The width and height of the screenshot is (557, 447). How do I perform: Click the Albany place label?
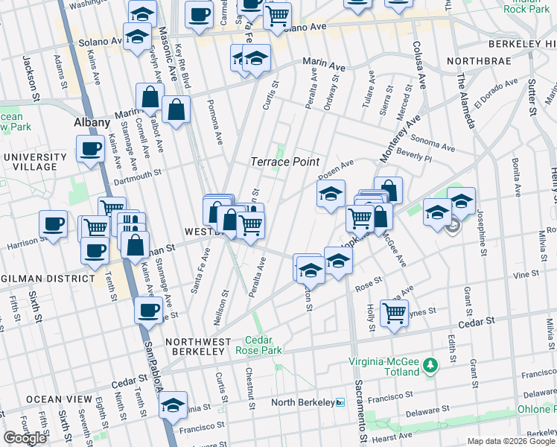[x=92, y=122]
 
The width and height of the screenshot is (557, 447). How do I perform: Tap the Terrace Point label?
[x=284, y=162]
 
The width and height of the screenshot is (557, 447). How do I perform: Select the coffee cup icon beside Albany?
[x=91, y=148]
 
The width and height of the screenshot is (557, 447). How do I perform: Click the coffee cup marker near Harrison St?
[x=54, y=223]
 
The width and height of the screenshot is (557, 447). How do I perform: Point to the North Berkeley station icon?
[x=340, y=402]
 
